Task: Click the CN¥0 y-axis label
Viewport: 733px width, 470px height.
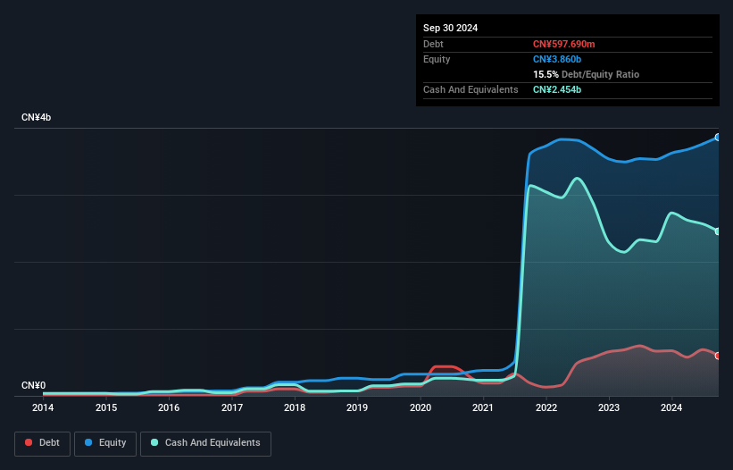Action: coord(33,385)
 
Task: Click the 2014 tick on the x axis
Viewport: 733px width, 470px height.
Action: coord(43,407)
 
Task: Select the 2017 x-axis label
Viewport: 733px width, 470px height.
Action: coord(232,407)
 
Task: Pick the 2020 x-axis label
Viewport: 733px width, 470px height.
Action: coord(421,407)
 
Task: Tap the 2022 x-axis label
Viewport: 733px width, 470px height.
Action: coord(546,407)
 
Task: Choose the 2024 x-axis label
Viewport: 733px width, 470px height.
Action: coord(671,407)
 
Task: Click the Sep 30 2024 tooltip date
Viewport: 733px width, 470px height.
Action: coord(451,28)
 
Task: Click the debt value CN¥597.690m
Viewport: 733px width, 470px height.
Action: coord(570,44)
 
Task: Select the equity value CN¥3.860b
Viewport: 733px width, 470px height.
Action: coord(557,59)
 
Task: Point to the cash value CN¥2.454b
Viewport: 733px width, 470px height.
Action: coord(557,89)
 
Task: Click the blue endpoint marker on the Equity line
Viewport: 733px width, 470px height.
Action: coord(717,138)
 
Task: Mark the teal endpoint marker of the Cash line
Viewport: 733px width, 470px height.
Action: coord(717,231)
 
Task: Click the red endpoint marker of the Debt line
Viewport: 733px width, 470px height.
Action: coord(717,356)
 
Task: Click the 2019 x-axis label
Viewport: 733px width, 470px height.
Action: coord(357,407)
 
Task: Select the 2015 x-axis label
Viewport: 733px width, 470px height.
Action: coord(106,407)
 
